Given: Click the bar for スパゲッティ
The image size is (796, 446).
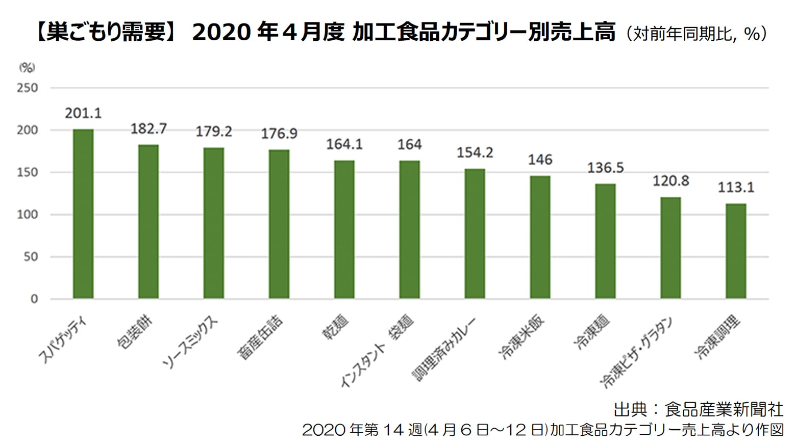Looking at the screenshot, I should click(x=83, y=214).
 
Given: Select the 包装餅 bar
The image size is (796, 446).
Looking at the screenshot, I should click(x=148, y=222).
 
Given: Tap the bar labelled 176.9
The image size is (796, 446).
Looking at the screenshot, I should click(x=279, y=224).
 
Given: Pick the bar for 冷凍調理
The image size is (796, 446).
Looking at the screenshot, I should click(x=736, y=251).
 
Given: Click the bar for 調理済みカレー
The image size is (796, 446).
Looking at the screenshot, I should click(x=475, y=233).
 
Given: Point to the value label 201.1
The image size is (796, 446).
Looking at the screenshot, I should click(x=83, y=113).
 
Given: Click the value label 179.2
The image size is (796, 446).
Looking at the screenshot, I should click(x=214, y=132).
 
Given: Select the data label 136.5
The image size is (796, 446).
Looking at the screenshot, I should click(x=605, y=168).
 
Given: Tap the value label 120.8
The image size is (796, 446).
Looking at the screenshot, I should click(x=670, y=181).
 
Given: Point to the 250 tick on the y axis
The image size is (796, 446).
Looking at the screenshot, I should click(x=28, y=88).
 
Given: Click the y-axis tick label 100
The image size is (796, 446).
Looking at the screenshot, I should click(x=28, y=215).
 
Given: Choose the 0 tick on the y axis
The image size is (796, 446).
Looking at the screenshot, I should click(x=34, y=299).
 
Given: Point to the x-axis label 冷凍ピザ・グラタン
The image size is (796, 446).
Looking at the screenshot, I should click(x=638, y=352).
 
